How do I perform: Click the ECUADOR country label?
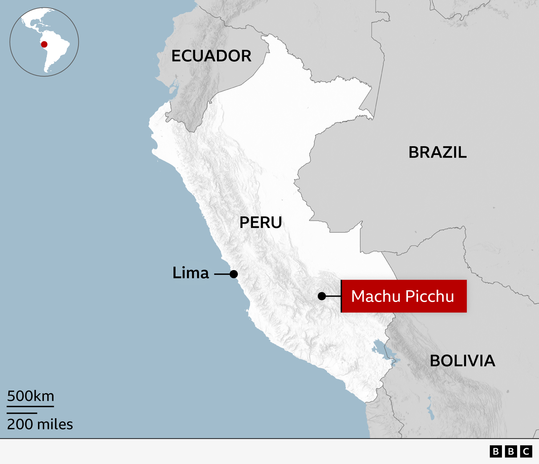(211, 56)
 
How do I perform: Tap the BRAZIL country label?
(437, 153)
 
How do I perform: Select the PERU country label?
(260, 223)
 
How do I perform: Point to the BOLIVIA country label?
(462, 361)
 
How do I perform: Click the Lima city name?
(191, 273)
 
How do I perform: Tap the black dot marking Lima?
(234, 274)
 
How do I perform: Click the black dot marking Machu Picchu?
(322, 296)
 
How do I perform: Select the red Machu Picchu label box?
(404, 296)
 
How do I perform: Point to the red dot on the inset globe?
(44, 44)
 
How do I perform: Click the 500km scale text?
(31, 396)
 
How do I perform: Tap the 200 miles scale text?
(40, 424)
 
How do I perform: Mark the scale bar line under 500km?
(30, 406)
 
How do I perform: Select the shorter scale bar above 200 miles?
(22, 413)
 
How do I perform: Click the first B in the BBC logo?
(496, 451)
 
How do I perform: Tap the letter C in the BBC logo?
(526, 451)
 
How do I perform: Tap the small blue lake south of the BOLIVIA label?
(431, 409)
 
